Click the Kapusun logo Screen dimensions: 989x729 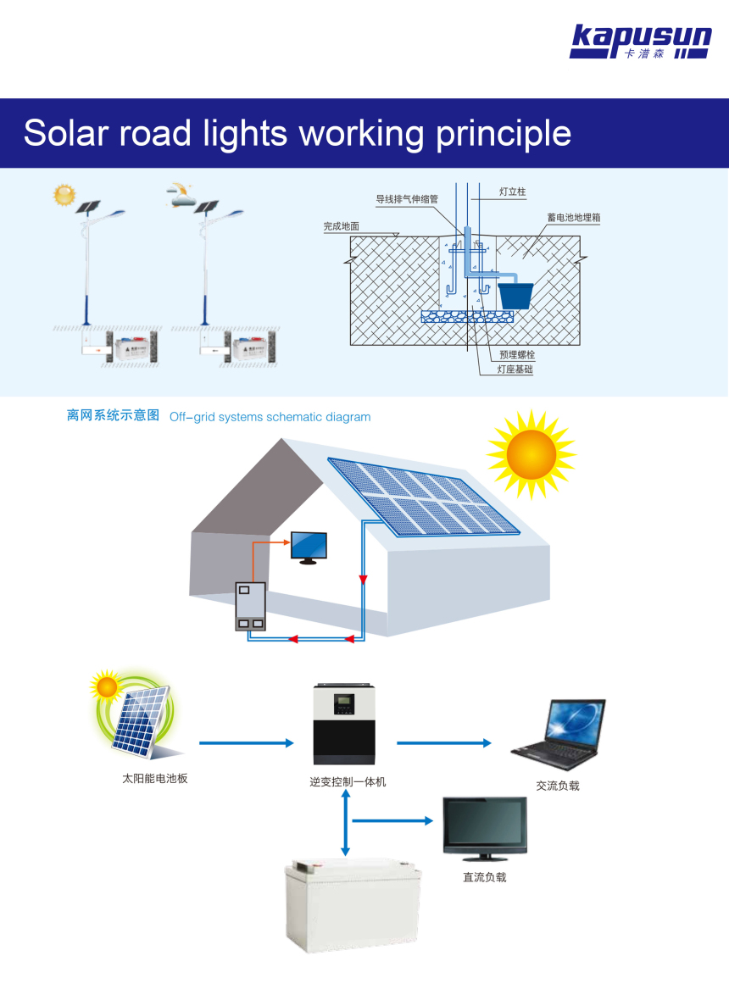coord(640,42)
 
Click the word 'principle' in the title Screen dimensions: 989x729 coord(504,133)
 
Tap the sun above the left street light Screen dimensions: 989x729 coord(64,195)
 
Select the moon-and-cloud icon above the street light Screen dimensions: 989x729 coord(181,195)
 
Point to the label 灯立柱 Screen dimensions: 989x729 coord(512,192)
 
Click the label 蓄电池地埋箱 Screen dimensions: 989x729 coord(574,218)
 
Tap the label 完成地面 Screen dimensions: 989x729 coord(341,226)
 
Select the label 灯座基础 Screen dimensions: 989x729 coord(515,369)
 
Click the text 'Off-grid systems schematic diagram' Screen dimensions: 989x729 coord(270,417)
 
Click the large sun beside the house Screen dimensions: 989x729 coord(531,454)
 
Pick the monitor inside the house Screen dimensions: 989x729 coord(309,547)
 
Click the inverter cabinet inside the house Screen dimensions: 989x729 coord(251,606)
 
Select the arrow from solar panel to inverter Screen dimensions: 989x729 coord(246,743)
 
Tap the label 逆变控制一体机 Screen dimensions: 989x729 coord(348,781)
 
